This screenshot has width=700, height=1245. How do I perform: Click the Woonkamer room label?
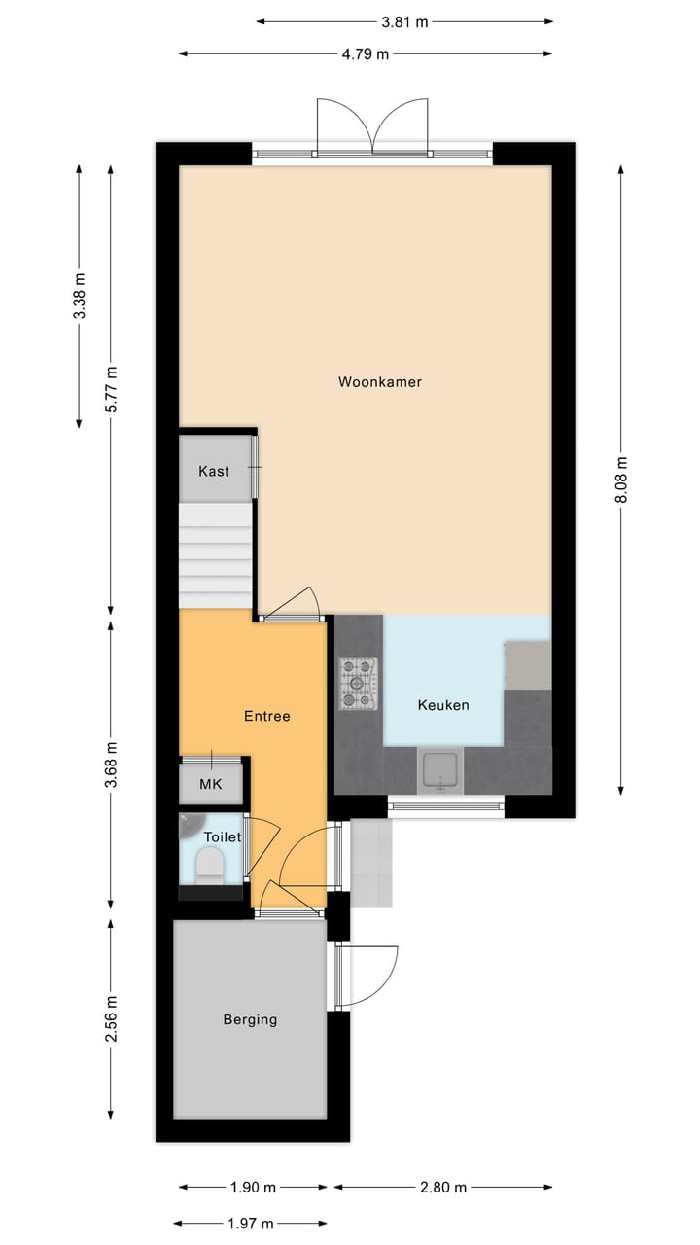pyautogui.click(x=380, y=382)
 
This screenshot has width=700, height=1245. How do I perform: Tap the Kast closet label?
pyautogui.click(x=214, y=471)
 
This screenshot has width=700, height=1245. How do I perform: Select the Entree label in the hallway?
pyautogui.click(x=266, y=716)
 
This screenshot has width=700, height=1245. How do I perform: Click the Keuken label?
pyautogui.click(x=443, y=705)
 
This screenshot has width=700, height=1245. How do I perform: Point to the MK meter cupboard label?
pyautogui.click(x=210, y=784)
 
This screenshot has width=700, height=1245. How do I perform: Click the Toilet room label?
pyautogui.click(x=222, y=836)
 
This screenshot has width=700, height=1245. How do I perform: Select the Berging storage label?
pyautogui.click(x=250, y=1019)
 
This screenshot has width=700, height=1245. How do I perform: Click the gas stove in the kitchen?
pyautogui.click(x=358, y=683)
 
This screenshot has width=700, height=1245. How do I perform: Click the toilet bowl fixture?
pyautogui.click(x=210, y=864)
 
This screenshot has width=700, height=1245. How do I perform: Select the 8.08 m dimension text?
pyautogui.click(x=621, y=480)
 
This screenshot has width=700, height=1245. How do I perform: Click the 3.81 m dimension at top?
pyautogui.click(x=404, y=21)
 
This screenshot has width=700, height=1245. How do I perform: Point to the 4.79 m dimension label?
pyautogui.click(x=365, y=54)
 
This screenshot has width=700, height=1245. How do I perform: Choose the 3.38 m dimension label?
pyautogui.click(x=80, y=296)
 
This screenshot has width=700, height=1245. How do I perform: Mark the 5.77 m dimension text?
pyautogui.click(x=111, y=388)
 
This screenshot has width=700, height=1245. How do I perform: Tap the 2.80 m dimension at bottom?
pyautogui.click(x=442, y=1187)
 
